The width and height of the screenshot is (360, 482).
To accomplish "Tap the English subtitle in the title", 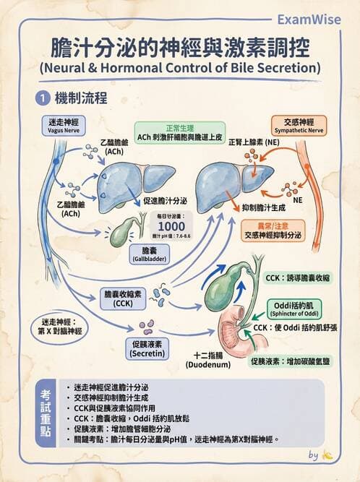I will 180,69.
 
